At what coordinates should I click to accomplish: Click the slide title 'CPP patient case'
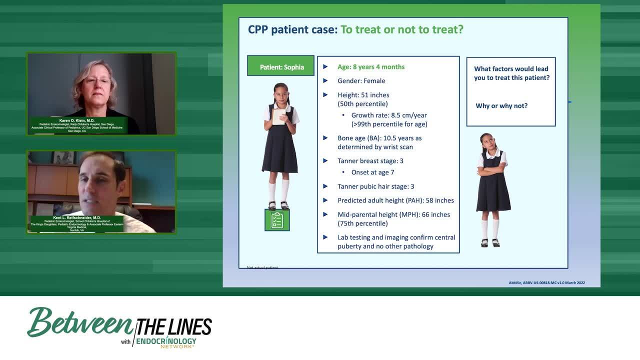292,29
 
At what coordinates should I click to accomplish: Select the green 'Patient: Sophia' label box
281,66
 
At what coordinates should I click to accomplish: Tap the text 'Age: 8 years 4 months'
371,67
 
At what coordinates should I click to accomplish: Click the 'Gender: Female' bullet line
361,81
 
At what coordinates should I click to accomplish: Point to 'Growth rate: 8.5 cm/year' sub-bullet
389,115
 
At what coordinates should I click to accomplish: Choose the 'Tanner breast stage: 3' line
370,161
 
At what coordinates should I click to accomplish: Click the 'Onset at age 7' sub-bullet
372,172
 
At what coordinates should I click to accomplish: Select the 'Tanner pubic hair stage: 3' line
375,186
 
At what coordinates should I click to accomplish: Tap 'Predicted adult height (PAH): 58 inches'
395,200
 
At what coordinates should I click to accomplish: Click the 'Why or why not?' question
501,106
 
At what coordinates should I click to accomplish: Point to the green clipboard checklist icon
277,220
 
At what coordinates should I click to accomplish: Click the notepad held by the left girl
278,116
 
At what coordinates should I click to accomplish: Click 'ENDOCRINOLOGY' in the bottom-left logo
166,342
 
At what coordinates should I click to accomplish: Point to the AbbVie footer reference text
546,283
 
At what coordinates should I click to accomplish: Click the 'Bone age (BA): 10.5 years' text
379,138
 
